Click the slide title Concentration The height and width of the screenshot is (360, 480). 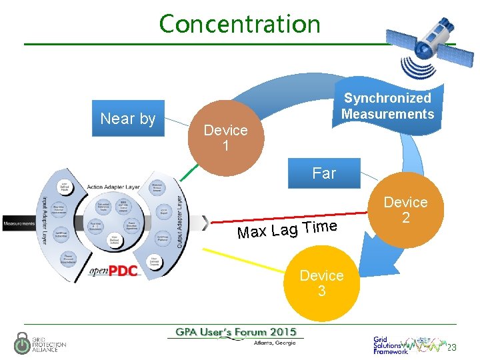click(x=239, y=24)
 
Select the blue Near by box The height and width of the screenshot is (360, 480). click(x=127, y=119)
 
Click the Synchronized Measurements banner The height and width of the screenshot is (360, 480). click(x=387, y=107)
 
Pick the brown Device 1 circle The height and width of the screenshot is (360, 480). click(x=225, y=137)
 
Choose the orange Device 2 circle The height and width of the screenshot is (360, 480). click(x=405, y=209)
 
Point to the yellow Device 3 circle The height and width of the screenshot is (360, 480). click(x=321, y=283)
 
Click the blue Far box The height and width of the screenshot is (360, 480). click(x=324, y=173)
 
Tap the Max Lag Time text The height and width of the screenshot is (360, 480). click(x=287, y=229)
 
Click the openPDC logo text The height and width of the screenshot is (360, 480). click(x=113, y=271)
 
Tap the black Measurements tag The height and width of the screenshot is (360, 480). click(x=19, y=223)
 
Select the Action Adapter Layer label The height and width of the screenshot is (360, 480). click(x=113, y=187)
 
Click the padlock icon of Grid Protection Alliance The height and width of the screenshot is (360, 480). click(x=22, y=343)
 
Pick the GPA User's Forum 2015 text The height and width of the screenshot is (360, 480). click(x=235, y=332)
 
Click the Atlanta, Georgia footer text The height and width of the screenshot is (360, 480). click(x=275, y=343)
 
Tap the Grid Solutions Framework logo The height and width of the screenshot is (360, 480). click(x=393, y=345)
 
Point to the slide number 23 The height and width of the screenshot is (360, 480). click(x=451, y=347)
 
